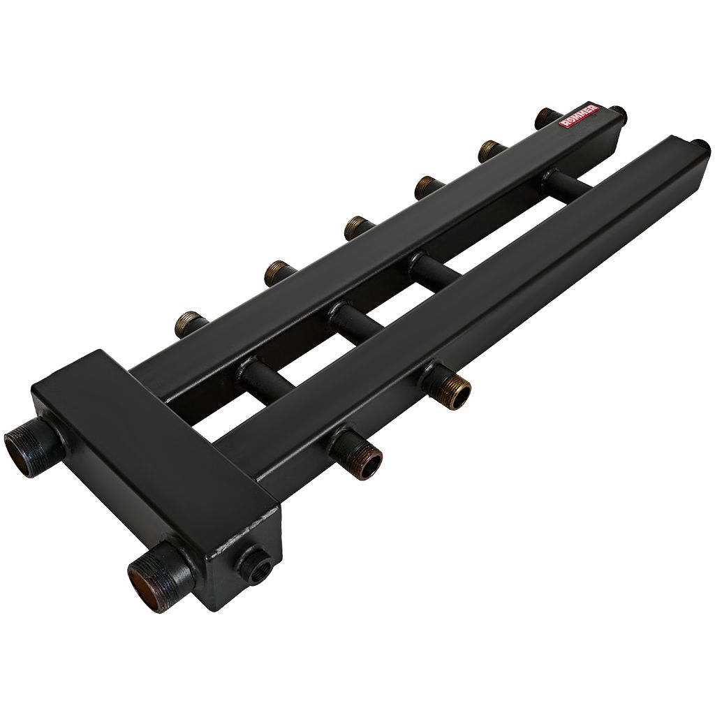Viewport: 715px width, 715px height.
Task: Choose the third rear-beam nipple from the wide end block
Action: [x=357, y=226]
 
